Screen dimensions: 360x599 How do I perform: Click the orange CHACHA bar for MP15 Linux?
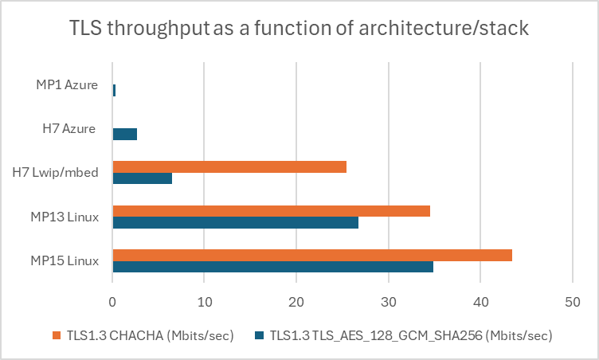point(312,255)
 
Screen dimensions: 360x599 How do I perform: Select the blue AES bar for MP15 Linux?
point(272,267)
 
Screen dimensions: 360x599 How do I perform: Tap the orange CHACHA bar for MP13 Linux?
point(271,211)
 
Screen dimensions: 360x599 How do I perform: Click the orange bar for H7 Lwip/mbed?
point(229,166)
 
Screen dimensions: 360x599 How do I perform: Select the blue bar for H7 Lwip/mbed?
point(142,178)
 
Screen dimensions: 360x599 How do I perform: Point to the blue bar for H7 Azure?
point(124,134)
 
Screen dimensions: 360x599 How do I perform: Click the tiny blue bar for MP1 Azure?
point(114,90)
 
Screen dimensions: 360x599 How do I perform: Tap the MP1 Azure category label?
point(66,84)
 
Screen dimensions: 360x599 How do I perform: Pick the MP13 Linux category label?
point(65,217)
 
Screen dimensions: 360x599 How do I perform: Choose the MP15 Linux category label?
point(65,260)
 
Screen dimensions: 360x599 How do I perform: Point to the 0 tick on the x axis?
point(112,303)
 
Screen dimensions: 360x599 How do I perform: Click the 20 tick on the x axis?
point(296,303)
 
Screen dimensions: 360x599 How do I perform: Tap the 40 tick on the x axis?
point(480,303)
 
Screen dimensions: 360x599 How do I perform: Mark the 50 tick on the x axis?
point(572,303)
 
